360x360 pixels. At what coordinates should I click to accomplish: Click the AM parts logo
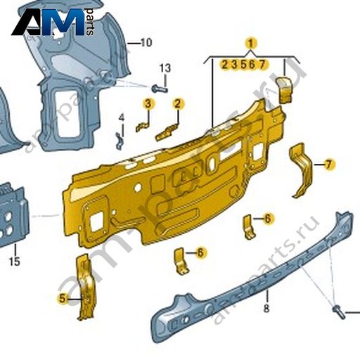[53, 22]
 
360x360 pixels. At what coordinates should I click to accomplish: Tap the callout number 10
[146, 43]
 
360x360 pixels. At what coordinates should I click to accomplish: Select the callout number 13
[165, 68]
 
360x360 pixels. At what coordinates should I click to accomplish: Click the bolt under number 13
[160, 89]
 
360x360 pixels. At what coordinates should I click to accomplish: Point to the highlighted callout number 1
[251, 44]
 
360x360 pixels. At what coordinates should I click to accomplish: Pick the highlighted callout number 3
[148, 103]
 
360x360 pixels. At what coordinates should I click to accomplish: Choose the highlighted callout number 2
[178, 103]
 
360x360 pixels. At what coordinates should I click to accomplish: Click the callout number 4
[121, 117]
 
